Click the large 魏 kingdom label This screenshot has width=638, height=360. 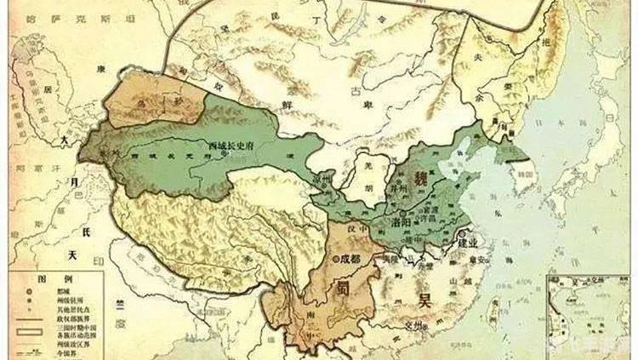(x=419, y=178)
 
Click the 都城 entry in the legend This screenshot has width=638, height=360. (x=63, y=291)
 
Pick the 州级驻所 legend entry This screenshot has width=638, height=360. (x=68, y=300)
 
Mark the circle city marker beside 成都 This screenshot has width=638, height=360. (x=336, y=255)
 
